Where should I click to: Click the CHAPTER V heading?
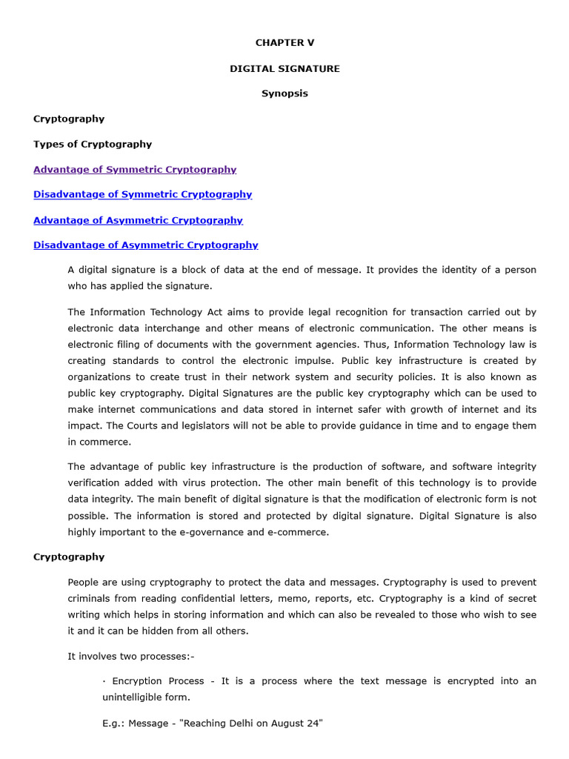[x=284, y=43]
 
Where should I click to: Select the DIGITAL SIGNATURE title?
[x=284, y=68]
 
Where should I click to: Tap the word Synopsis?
[x=284, y=93]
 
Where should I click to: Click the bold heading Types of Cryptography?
[x=93, y=144]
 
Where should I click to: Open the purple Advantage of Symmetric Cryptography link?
[x=135, y=169]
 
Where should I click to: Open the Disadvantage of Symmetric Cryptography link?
[x=142, y=194]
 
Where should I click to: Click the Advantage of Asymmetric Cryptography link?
[x=138, y=220]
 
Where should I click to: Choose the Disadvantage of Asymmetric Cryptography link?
[x=145, y=245]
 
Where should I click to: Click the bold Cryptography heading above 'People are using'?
[x=69, y=557]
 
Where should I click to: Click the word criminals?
[x=90, y=598]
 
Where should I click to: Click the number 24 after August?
[x=313, y=723]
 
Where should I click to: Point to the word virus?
[x=204, y=483]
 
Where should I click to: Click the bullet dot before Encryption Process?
[x=104, y=681]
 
